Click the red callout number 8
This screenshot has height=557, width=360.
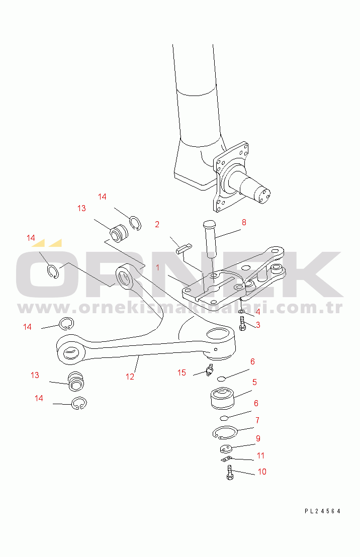click(243, 222)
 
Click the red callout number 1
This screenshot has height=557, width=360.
click(157, 268)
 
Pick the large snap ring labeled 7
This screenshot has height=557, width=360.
click(224, 432)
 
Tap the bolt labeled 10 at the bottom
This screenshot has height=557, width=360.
click(230, 473)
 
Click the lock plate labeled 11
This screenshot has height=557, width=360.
click(226, 458)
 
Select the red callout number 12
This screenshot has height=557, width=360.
click(130, 376)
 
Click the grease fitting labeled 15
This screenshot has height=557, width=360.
click(209, 371)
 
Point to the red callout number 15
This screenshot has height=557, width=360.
click(182, 373)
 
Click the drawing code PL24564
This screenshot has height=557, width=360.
click(322, 511)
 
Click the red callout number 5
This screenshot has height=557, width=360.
click(254, 382)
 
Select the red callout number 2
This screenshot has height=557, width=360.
click(157, 224)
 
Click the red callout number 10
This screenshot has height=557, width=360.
click(262, 472)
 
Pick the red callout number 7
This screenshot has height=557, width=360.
click(257, 420)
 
